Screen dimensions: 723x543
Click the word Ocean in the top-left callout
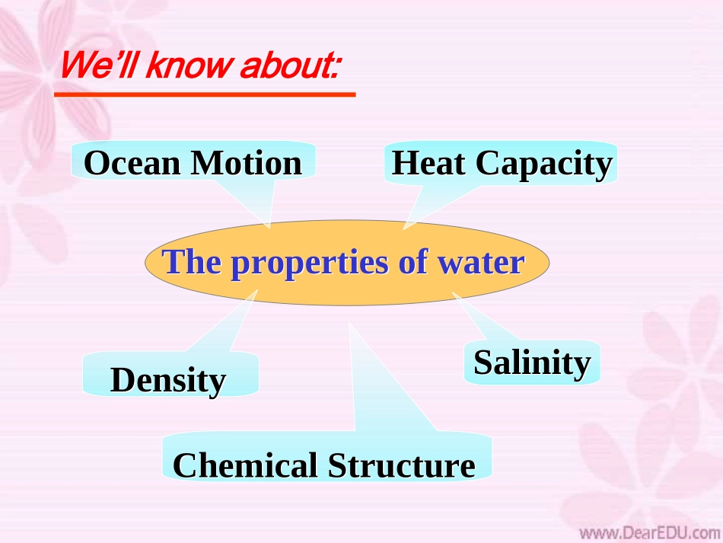pos(132,163)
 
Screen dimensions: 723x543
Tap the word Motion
pos(247,163)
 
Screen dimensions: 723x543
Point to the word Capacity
pos(544,165)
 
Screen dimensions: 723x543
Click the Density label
pos(168,380)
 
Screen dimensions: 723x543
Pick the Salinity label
pos(532,363)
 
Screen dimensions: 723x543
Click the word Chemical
pos(245,465)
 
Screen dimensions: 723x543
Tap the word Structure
pos(402,465)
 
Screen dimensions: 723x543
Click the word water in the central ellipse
pos(481,262)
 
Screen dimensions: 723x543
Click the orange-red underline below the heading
pos(205,94)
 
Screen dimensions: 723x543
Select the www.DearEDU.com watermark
pos(650,533)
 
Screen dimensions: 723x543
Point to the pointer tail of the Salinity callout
pos(484,318)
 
